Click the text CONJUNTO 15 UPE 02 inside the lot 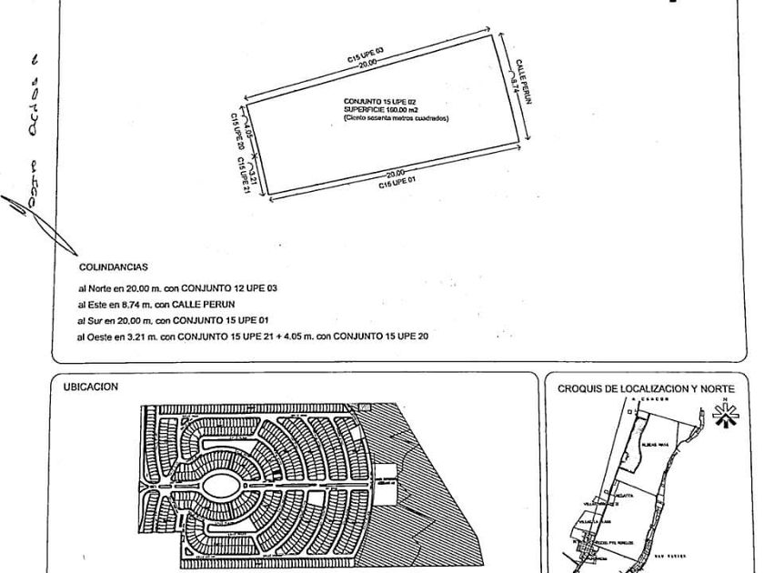380,100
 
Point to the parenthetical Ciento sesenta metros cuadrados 396,117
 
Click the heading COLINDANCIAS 114,267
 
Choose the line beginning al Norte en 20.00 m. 190,287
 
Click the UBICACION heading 91,387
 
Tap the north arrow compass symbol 725,415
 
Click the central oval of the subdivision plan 222,487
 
